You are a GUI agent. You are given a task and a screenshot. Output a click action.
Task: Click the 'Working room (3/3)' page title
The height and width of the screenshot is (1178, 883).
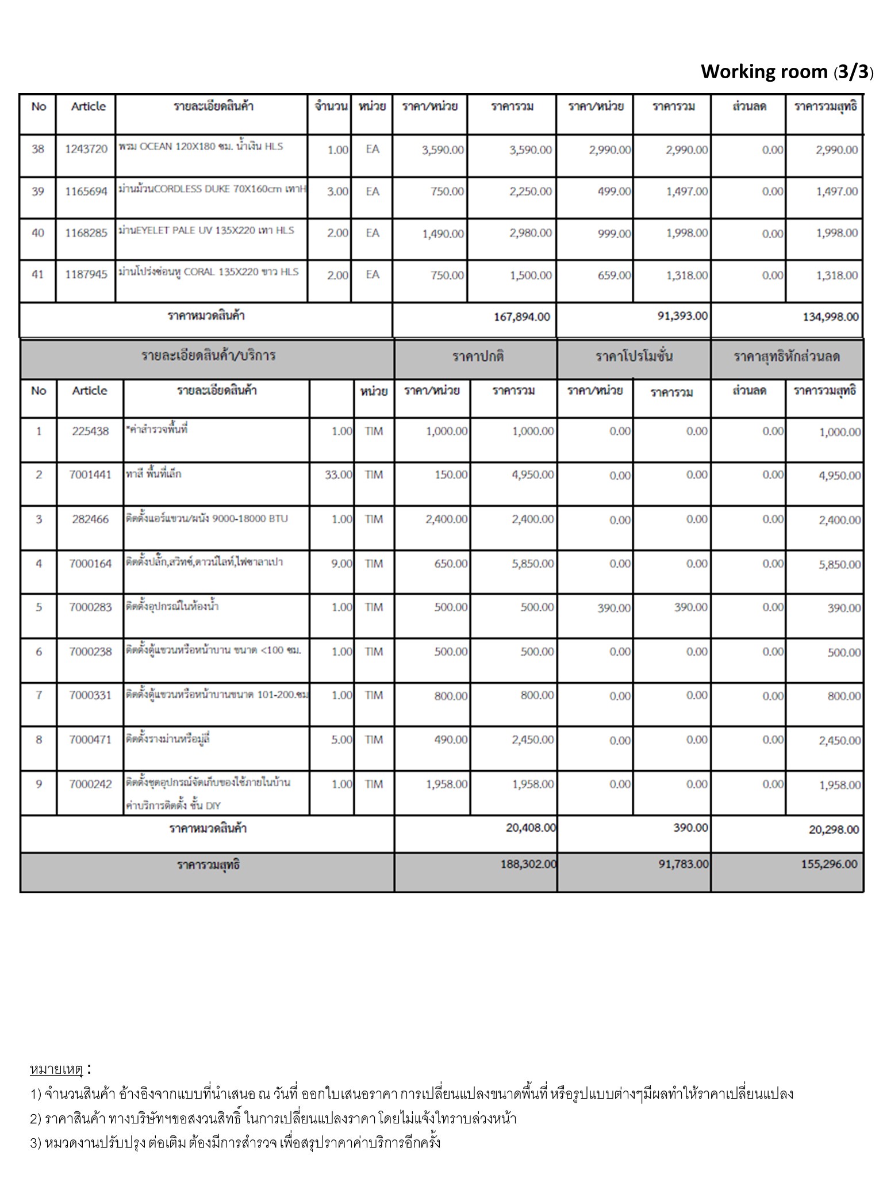pos(786,72)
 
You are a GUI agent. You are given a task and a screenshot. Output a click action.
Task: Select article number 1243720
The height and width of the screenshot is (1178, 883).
pos(86,150)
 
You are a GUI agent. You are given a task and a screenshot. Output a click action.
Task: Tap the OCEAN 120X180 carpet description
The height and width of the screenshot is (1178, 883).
pos(201,147)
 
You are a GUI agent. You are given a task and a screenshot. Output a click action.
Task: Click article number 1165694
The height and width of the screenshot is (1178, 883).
pos(86,192)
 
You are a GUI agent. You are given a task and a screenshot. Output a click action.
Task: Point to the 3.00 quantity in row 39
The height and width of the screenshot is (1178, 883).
pos(337,192)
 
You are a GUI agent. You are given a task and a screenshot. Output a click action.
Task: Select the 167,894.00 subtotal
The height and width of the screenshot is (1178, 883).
pos(521,317)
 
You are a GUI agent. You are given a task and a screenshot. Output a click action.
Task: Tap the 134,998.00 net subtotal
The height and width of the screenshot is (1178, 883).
pos(830,317)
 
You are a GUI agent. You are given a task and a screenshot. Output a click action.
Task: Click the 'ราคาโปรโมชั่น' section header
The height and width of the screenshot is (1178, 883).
pos(634,357)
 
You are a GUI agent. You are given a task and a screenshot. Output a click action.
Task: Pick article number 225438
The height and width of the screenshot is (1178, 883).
pos(90,431)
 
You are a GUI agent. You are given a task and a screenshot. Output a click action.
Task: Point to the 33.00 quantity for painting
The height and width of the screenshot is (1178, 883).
pos(338,475)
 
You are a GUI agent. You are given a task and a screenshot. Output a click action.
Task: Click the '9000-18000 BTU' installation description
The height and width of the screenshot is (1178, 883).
pos(206,519)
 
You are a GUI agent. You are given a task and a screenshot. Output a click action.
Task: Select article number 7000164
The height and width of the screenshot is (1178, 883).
pos(90,564)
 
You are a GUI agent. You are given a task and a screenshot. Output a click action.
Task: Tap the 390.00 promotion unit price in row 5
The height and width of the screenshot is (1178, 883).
pos(613,608)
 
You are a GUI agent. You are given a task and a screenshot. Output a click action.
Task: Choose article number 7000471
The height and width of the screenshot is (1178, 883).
pos(90,740)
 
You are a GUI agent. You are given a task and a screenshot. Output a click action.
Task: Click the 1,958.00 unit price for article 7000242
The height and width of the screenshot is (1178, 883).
pos(447,784)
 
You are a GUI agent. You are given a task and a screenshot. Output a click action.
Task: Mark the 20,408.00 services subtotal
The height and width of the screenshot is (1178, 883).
pos(530,828)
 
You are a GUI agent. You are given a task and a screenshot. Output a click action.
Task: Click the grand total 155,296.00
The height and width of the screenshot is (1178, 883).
pos(828,864)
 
